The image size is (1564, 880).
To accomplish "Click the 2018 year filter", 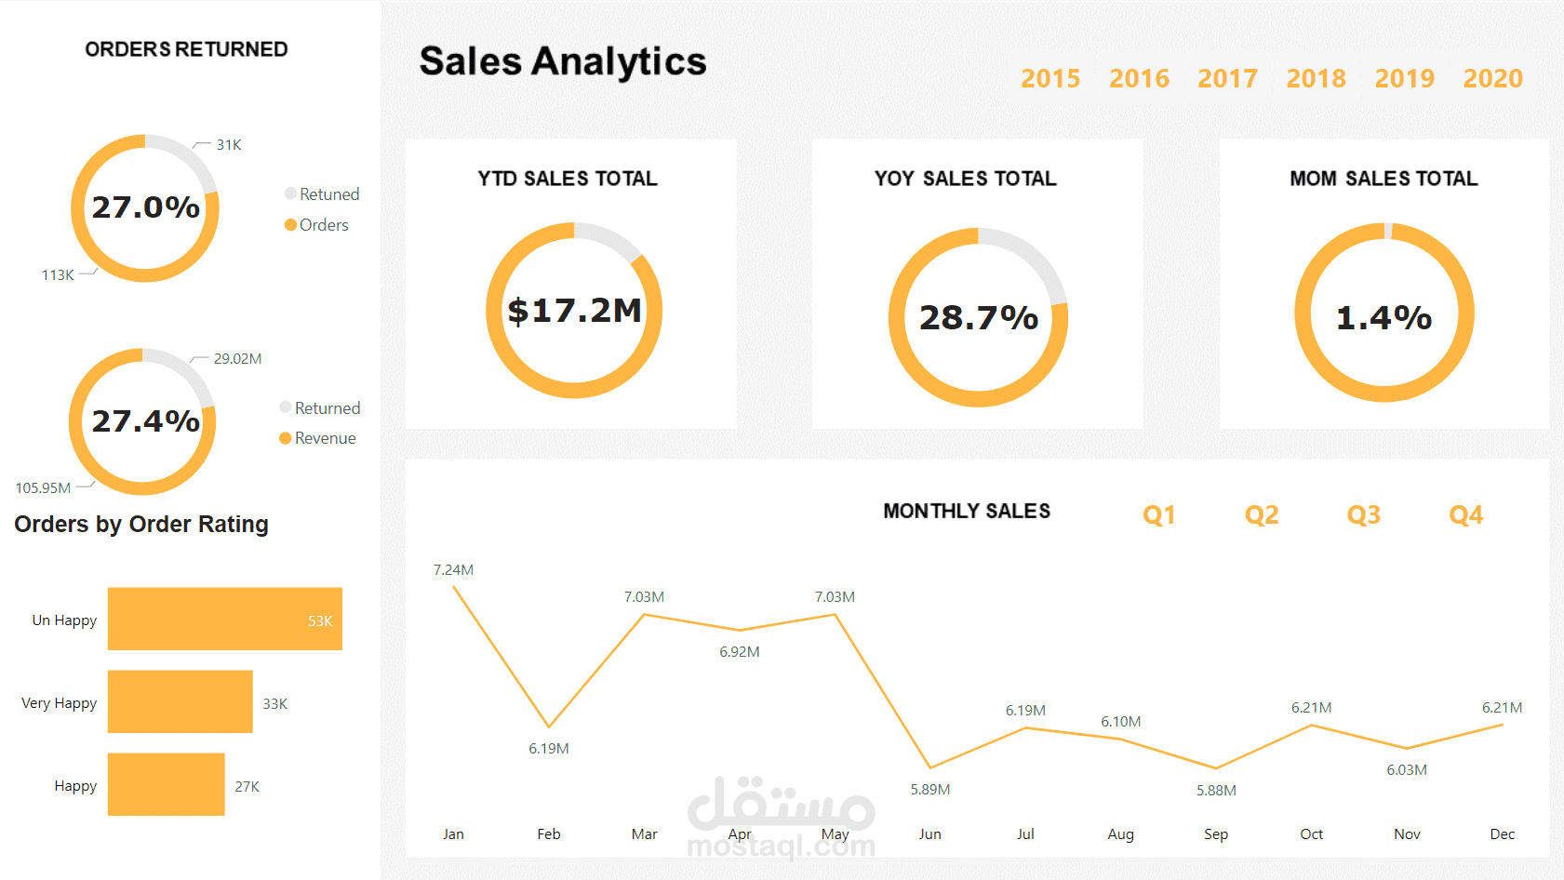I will coord(1316,78).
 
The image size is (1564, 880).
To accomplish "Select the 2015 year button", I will coord(1050,78).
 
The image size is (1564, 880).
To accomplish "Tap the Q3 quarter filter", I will coord(1363,514).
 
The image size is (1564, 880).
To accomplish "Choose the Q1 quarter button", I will coord(1158,514).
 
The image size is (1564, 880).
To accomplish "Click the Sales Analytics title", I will coord(562,61).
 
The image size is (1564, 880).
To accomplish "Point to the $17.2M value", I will coord(574,311).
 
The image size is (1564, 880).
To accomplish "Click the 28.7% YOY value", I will coord(978,318).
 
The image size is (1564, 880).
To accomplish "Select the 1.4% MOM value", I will coord(1384,318).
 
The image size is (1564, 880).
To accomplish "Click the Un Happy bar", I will coord(224,619).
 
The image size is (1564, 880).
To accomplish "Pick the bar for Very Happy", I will coord(180,701).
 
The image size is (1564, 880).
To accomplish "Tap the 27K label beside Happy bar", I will coord(247,787).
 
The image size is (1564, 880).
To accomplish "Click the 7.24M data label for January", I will coord(453,570).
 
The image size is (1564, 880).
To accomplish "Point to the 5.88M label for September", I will coord(1216,791).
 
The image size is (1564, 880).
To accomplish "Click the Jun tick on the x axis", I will coord(929,834).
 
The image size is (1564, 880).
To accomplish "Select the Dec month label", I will coord(1502,834).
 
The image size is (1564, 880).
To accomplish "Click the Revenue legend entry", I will coord(324,438).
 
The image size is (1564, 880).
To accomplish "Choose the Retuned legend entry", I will coord(328,194).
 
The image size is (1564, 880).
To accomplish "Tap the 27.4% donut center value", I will coord(145,421).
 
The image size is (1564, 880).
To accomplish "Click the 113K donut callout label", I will coord(58,275).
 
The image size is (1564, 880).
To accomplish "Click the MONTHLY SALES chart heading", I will coord(966,511).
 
